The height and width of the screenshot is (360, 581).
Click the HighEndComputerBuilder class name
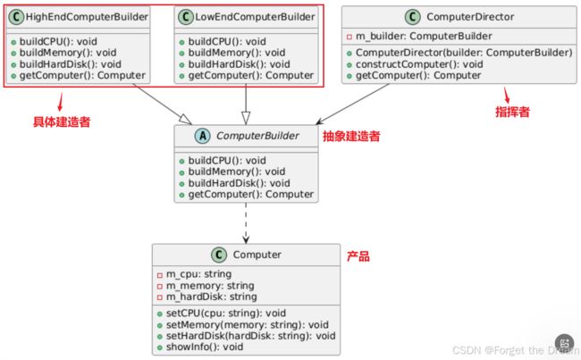point(87,17)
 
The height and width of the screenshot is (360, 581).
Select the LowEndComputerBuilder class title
point(255,17)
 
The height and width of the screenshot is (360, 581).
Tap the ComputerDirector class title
point(470,17)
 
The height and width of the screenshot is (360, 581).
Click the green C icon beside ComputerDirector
point(412,17)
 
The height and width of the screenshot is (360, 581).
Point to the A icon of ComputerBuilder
point(202,136)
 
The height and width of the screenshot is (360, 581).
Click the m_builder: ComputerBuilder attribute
point(424,37)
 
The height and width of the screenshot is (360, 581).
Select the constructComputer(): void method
point(419,64)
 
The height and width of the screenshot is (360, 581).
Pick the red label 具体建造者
point(62,121)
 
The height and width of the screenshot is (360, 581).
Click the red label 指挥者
point(512,112)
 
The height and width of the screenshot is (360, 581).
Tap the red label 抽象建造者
point(351,137)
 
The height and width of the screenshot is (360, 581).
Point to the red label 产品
point(358,256)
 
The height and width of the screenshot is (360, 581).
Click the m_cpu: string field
point(198,274)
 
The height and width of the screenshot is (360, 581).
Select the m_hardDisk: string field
point(211,297)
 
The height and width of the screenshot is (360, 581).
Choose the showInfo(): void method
point(205,347)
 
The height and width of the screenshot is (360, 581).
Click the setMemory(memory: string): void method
point(247,325)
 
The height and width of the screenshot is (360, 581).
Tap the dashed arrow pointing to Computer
point(246,223)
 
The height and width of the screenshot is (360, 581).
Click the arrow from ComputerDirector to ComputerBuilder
point(352,105)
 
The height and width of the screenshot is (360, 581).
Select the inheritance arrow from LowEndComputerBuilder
point(246,105)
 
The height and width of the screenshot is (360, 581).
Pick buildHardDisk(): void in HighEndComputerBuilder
point(70,64)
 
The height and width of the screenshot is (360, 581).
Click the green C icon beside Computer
point(219,255)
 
